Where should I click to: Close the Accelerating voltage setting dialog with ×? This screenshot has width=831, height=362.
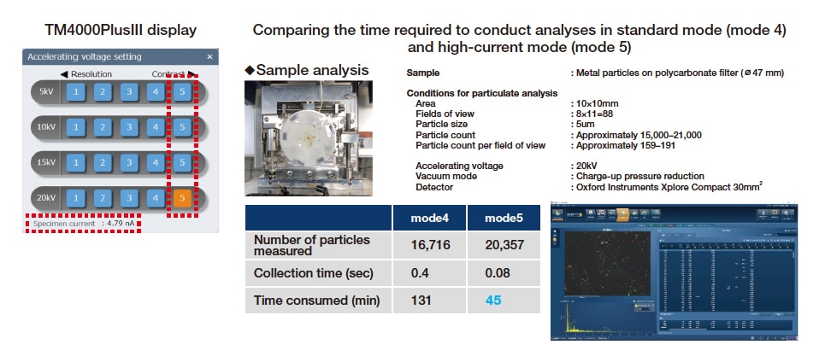click(x=210, y=57)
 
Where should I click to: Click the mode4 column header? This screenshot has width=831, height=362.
click(x=429, y=218)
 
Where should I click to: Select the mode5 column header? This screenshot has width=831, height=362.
click(x=504, y=218)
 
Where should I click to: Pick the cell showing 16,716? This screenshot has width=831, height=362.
click(x=429, y=246)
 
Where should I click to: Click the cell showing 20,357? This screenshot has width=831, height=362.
click(x=504, y=246)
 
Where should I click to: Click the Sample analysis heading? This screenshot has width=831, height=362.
click(x=312, y=70)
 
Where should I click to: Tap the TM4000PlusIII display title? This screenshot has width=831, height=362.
click(x=121, y=30)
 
